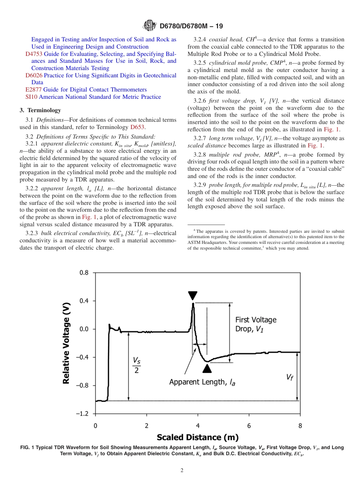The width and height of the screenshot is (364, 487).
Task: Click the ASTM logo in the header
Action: (x=149, y=26)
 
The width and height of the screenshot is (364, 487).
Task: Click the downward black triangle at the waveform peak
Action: (x=193, y=296)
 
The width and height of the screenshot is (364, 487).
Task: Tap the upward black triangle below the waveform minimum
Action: (x=207, y=368)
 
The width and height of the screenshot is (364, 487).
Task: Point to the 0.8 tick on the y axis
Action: (x=84, y=273)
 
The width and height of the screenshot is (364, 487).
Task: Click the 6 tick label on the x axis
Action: (x=249, y=425)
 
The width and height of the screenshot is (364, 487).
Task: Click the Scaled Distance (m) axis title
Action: (x=198, y=437)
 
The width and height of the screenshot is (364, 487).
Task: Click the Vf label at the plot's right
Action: (x=290, y=377)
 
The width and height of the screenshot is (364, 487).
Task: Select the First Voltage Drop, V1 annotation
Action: (x=256, y=325)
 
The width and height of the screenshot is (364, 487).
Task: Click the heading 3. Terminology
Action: (x=40, y=110)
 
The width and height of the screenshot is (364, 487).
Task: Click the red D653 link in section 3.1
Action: (x=137, y=127)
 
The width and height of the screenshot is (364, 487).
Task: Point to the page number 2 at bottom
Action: (x=182, y=471)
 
